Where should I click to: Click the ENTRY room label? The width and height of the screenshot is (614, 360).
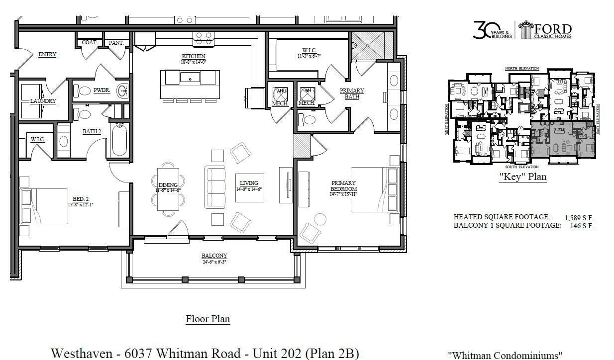click(47, 54)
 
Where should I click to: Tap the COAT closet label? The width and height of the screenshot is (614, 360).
click(89, 43)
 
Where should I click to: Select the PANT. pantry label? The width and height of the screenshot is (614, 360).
click(116, 43)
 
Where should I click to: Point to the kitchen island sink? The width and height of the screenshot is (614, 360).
click(190, 78)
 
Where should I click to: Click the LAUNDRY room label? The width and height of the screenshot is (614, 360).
click(43, 101)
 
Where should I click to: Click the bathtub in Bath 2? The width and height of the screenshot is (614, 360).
click(119, 140)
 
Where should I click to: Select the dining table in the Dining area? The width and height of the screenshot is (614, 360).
click(168, 189)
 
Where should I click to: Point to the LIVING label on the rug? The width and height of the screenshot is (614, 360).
click(249, 183)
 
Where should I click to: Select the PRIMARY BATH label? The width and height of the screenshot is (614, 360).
click(352, 93)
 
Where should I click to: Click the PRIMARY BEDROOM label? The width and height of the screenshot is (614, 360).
click(343, 185)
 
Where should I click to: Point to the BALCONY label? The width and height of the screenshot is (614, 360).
click(214, 256)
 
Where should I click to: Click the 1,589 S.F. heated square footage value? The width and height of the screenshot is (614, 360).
click(579, 217)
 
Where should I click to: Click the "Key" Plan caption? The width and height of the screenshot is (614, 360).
click(522, 177)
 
